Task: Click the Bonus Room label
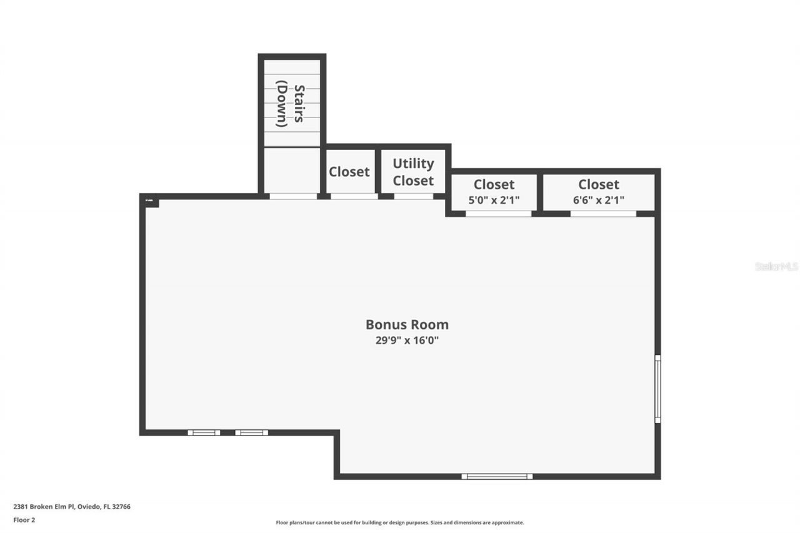pyautogui.click(x=407, y=324)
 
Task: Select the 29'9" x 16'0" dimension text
pyautogui.click(x=407, y=341)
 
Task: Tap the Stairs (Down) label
pyautogui.click(x=291, y=106)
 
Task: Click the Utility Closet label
pyautogui.click(x=413, y=172)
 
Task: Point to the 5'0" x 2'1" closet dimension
pyautogui.click(x=494, y=200)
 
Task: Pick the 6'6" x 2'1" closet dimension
pyautogui.click(x=599, y=200)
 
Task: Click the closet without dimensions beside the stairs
pyautogui.click(x=349, y=171)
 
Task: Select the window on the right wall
pyautogui.click(x=657, y=389)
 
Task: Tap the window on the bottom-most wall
pyautogui.click(x=497, y=477)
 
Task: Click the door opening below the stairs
pyautogui.click(x=293, y=196)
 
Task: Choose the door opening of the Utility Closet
pyautogui.click(x=413, y=196)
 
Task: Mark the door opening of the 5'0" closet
pyautogui.click(x=498, y=214)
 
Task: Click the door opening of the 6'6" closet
pyautogui.click(x=603, y=214)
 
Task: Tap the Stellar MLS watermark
pyautogui.click(x=777, y=266)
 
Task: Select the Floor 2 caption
pyautogui.click(x=24, y=519)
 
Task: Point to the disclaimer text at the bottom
pyautogui.click(x=400, y=522)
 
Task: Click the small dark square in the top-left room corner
pyautogui.click(x=151, y=201)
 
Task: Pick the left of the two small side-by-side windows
pyautogui.click(x=204, y=432)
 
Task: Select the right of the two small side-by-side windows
pyautogui.click(x=251, y=432)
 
